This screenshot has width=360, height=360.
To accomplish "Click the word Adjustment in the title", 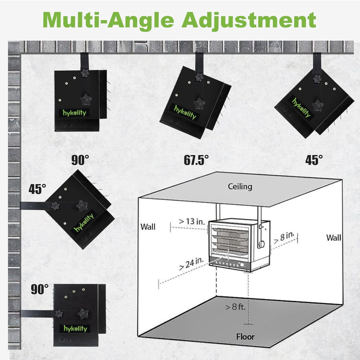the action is [x=249, y=20].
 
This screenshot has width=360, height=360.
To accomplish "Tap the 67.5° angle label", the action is [x=196, y=160].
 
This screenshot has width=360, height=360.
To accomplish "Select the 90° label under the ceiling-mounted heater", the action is [x=80, y=160].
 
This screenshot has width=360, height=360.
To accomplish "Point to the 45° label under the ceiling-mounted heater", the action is [x=314, y=160].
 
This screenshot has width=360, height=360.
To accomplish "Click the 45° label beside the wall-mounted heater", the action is [x=37, y=189].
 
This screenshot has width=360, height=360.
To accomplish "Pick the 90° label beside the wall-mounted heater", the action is [x=39, y=289].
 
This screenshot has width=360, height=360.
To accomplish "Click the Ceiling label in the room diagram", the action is [x=240, y=186].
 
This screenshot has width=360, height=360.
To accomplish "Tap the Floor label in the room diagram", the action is [x=245, y=337].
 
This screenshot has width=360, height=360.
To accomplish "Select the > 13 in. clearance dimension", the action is [x=191, y=221].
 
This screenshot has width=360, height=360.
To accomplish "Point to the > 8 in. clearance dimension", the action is [x=284, y=237].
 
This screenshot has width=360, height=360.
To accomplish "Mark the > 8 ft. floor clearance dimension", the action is [x=235, y=306].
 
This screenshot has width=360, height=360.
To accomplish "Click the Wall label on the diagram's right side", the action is [x=333, y=237].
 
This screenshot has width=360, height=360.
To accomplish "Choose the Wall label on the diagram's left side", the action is [x=148, y=227].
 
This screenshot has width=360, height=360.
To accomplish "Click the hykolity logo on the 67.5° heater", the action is [x=185, y=112].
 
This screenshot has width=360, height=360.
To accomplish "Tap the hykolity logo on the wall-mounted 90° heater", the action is [x=75, y=328].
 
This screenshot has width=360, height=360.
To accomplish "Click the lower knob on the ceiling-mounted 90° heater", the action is [x=86, y=100].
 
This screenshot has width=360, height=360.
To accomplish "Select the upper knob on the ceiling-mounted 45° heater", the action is [x=317, y=79].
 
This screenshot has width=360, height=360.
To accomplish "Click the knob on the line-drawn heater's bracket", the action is [x=261, y=244].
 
